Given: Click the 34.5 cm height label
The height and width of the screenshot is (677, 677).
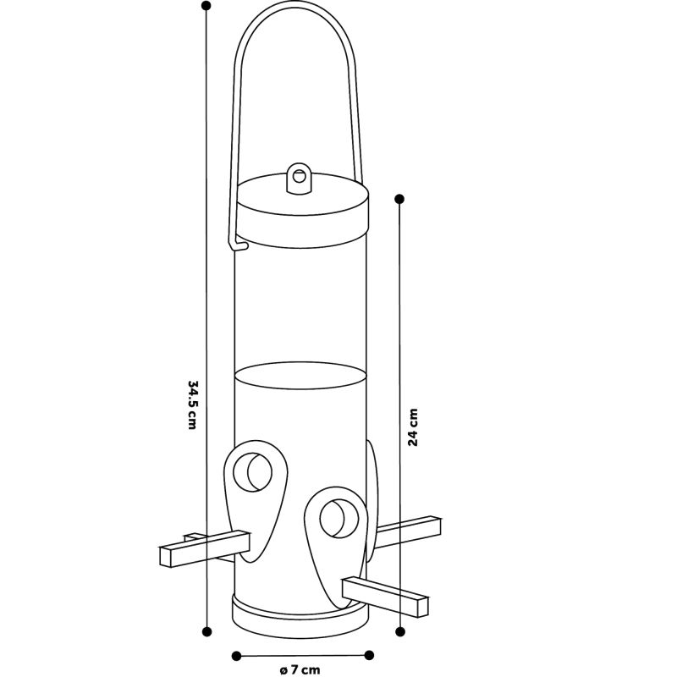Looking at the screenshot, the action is click(193, 405).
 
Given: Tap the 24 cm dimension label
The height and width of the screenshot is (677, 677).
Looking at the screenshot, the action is click(413, 427).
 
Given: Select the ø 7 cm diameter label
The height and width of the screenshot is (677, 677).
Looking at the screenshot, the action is click(300, 670).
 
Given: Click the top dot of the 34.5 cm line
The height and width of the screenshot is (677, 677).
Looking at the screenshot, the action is click(206, 6).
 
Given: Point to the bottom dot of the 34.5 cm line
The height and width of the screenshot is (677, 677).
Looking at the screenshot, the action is click(206, 631).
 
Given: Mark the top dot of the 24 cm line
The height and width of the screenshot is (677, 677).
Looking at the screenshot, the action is click(399, 199).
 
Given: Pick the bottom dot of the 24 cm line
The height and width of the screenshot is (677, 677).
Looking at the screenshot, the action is click(400, 631).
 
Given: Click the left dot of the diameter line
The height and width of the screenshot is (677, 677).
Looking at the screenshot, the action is click(236, 657).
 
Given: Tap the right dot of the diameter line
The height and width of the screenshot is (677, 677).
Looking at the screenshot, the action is click(369, 655).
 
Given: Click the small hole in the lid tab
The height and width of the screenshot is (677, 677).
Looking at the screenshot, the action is click(299, 176).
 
